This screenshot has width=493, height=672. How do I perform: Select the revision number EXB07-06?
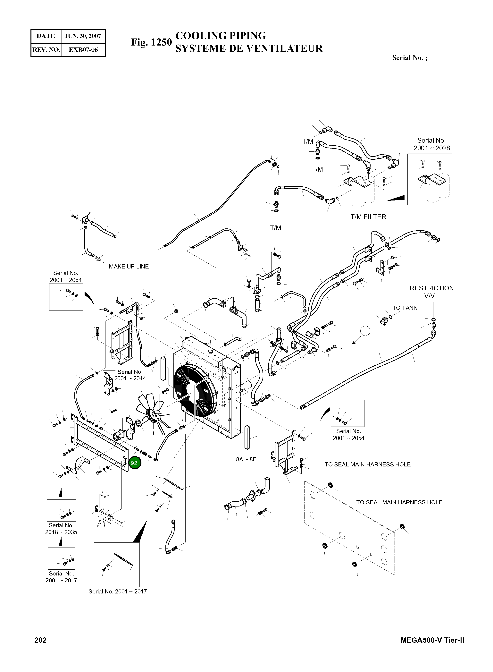pos(83,50)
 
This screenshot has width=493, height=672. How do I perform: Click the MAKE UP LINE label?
pos(129,267)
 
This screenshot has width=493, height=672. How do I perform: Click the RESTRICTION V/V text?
pos(431,292)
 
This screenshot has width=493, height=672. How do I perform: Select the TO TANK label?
pos(405,308)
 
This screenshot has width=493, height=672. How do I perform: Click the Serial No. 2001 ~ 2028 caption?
pos(431,144)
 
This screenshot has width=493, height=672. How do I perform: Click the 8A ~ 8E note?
pos(245,459)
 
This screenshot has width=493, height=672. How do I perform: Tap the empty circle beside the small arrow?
pos(365,331)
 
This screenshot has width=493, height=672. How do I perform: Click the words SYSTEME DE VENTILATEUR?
pos(249,48)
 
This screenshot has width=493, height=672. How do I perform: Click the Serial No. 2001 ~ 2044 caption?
pos(130,375)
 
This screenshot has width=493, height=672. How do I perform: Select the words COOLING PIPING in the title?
pos(221,36)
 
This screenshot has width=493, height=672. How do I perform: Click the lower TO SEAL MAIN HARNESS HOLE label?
pos(399,502)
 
